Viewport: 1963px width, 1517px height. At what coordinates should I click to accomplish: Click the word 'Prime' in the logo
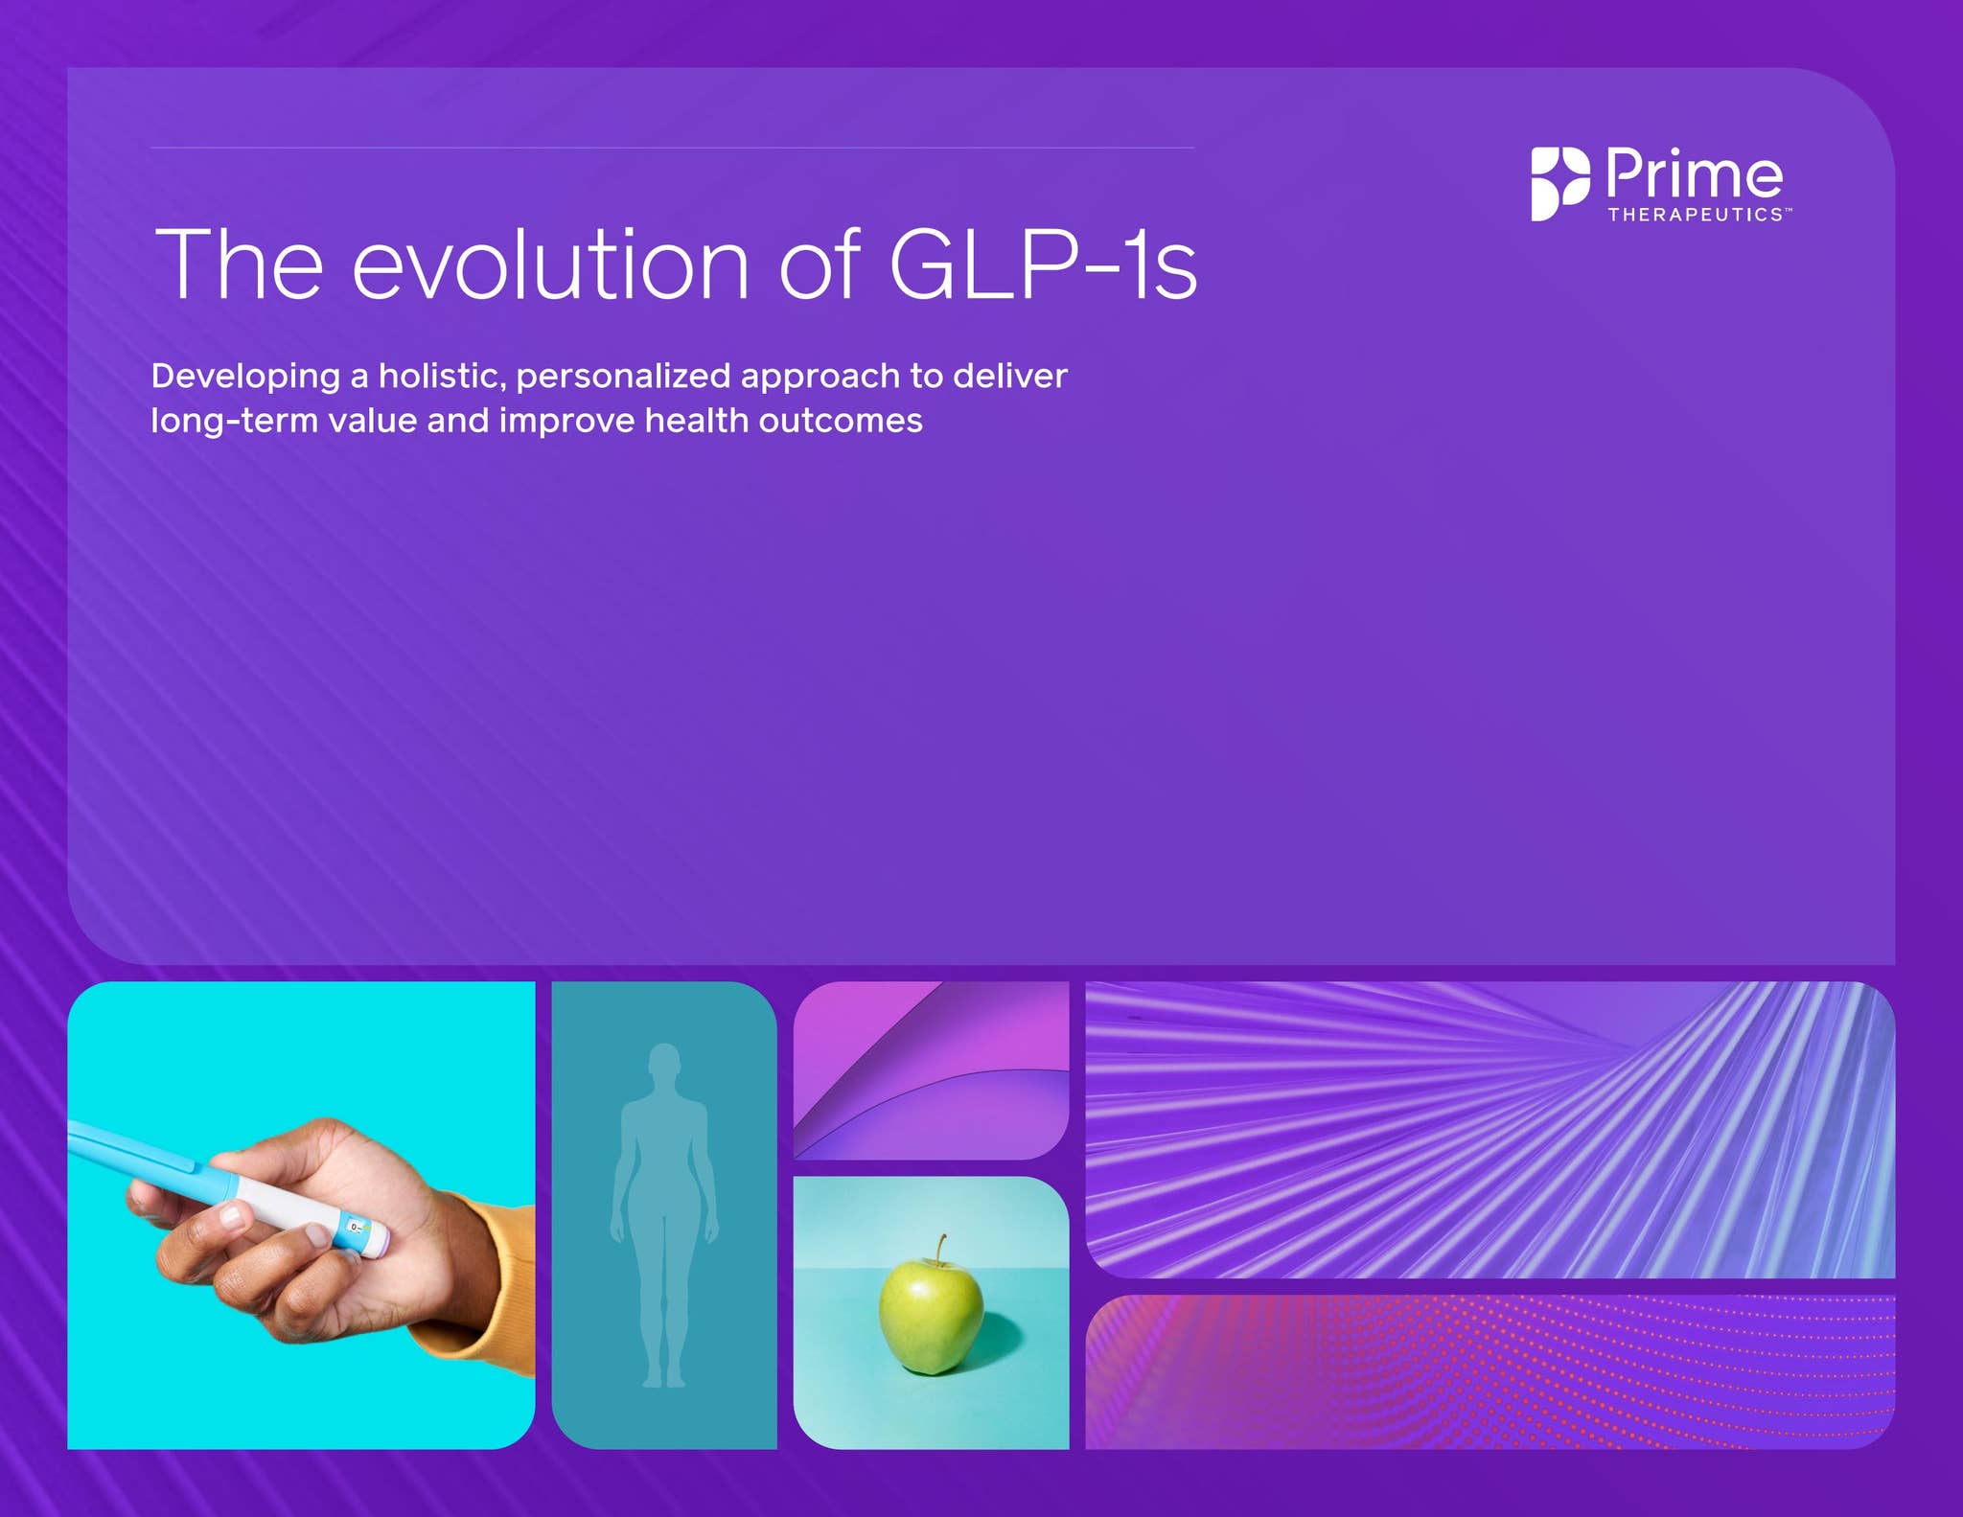[x=1694, y=174]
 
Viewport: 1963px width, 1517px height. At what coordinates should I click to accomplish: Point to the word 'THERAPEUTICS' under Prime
[x=1695, y=215]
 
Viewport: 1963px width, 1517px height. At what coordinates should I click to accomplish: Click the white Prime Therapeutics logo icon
[x=1559, y=184]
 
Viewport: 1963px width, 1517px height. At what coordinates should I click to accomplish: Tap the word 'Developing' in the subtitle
[x=245, y=376]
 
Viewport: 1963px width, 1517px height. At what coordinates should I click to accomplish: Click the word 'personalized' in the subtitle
[x=623, y=376]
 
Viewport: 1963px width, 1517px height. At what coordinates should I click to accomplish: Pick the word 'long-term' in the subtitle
[x=235, y=421]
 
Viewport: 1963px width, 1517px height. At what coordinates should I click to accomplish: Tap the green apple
[x=931, y=1318]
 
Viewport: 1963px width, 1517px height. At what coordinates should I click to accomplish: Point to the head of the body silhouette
[x=664, y=1062]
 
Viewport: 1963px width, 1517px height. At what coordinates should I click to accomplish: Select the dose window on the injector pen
[x=357, y=1228]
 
